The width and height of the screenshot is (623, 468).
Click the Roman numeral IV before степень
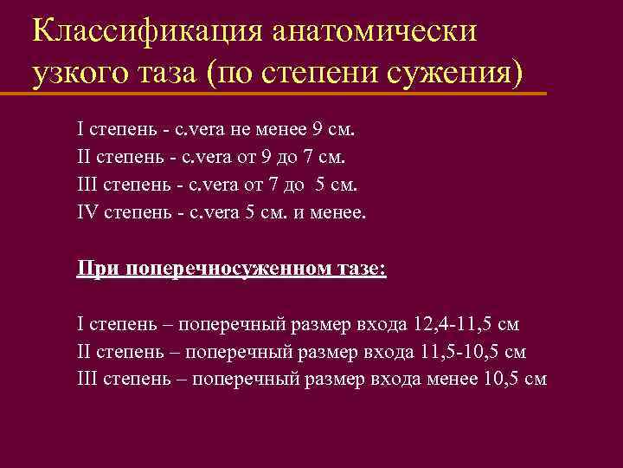coord(87,212)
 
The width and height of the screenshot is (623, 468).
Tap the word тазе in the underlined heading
coord(363,268)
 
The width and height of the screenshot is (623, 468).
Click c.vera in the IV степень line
coord(204,212)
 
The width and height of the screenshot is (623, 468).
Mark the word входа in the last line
coord(395,379)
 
